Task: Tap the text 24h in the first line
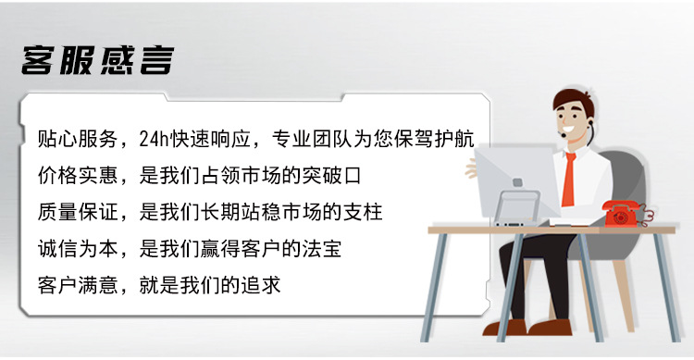[x=152, y=141]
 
